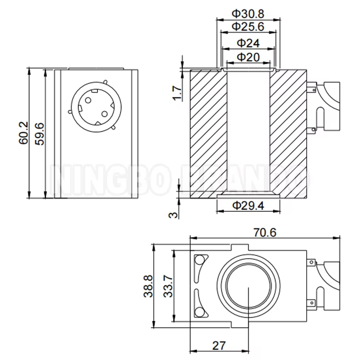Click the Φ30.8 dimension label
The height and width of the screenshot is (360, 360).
(x=248, y=13)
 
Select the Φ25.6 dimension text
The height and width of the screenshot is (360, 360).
(x=248, y=26)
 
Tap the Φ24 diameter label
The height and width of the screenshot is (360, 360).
(x=248, y=43)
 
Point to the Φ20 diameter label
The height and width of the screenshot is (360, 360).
(x=248, y=58)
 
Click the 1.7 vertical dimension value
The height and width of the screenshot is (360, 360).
(x=177, y=92)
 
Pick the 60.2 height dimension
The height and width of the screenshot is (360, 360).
(x=24, y=133)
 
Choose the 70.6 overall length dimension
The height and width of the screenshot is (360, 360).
(x=264, y=232)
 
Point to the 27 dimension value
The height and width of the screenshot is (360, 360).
(x=218, y=345)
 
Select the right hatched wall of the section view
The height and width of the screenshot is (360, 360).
(x=288, y=134)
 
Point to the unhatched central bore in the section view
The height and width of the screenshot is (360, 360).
(x=248, y=134)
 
